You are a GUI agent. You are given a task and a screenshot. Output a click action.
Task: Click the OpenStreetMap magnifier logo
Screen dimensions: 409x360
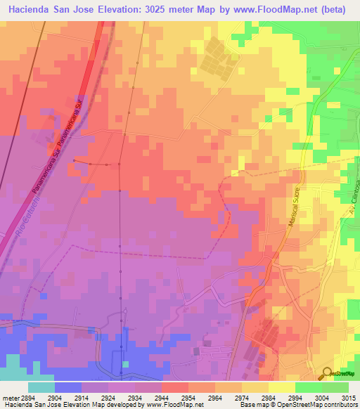328,374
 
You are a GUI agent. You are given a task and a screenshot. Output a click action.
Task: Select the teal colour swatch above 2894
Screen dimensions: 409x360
41,387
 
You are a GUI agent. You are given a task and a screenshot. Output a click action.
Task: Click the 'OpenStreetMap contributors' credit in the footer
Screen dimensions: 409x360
323,405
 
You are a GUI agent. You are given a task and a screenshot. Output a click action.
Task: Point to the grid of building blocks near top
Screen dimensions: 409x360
214,60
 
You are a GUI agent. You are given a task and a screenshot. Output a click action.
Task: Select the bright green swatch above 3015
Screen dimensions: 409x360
335,387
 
